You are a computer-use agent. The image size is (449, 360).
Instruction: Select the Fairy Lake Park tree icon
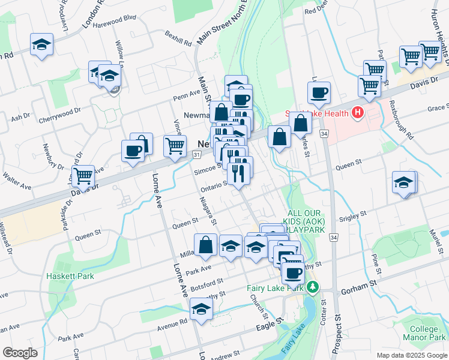[312, 288]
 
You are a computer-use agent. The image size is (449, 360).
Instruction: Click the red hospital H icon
[358, 112]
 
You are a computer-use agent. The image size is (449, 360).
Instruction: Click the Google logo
[19, 353]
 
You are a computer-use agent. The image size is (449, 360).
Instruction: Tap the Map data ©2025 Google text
[411, 355]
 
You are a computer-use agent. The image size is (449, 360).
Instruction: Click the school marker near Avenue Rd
[201, 311]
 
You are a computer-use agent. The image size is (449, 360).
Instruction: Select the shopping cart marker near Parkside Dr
[83, 176]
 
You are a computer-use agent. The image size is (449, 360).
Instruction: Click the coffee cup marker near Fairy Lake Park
[293, 273]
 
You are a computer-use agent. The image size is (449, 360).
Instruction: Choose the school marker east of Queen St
[404, 182]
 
